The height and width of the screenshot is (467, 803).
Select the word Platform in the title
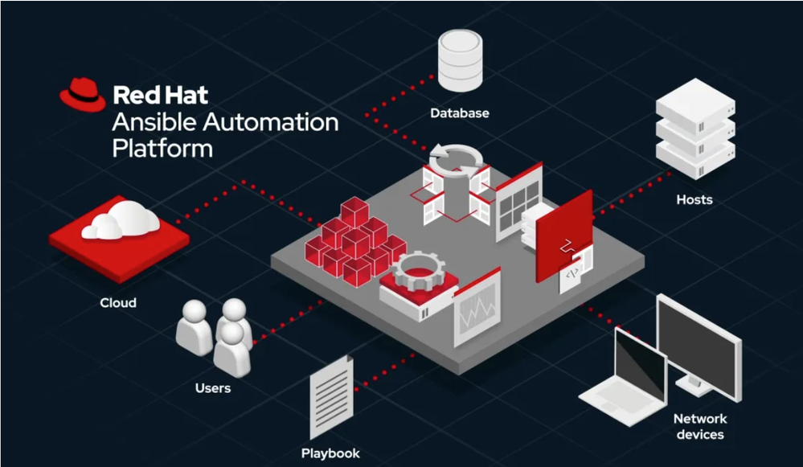pyautogui.click(x=162, y=149)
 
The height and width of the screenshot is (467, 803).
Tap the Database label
pyautogui.click(x=459, y=113)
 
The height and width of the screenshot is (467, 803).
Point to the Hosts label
pyautogui.click(x=694, y=199)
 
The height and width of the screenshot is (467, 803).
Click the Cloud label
pyautogui.click(x=117, y=303)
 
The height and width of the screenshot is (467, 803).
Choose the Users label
pyautogui.click(x=213, y=388)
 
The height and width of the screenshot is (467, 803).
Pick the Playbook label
pyautogui.click(x=330, y=453)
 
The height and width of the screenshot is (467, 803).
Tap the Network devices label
pyautogui.click(x=699, y=427)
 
